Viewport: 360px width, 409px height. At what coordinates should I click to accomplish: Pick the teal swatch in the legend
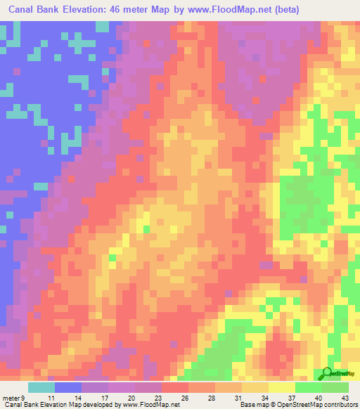pos(41,387)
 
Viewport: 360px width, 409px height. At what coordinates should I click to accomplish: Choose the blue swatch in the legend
pos(68,387)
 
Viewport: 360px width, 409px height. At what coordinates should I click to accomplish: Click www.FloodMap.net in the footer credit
pos(150,405)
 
